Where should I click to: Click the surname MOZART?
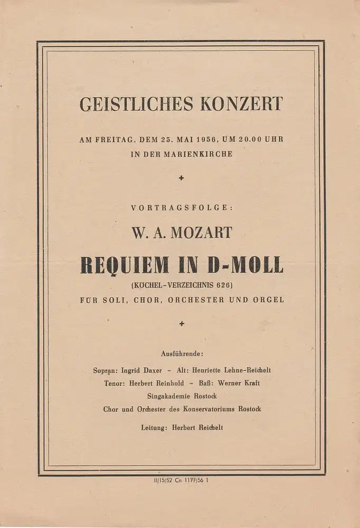pyautogui.click(x=201, y=232)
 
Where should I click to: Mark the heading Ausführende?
pyautogui.click(x=181, y=352)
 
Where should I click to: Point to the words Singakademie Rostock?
pyautogui.click(x=182, y=396)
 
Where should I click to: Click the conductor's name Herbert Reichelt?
pyautogui.click(x=198, y=428)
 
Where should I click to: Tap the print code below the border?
pyautogui.click(x=180, y=480)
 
